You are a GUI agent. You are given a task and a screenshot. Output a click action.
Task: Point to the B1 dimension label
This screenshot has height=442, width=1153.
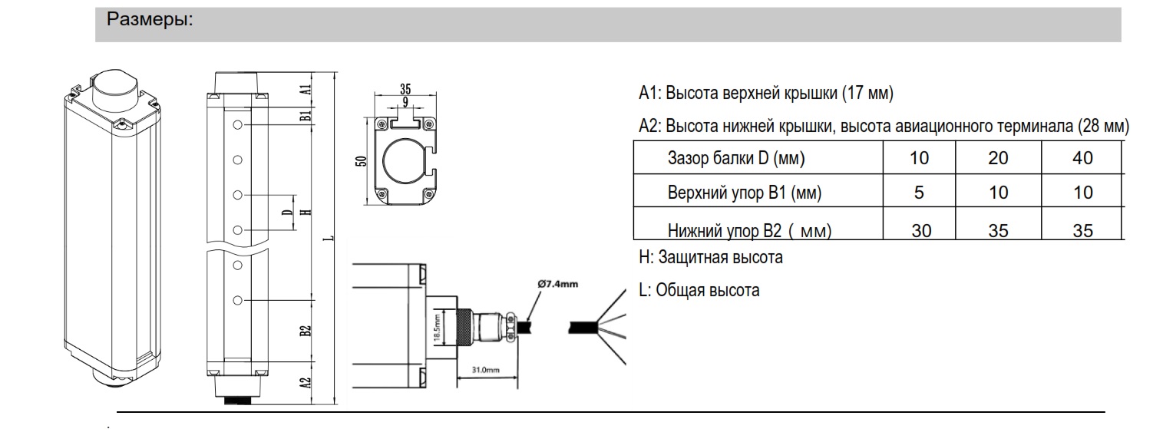305,116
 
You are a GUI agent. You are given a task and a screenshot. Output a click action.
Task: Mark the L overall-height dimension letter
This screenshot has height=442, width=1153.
329,238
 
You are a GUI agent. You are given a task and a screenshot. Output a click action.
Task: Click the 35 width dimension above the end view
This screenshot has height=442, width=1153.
405,88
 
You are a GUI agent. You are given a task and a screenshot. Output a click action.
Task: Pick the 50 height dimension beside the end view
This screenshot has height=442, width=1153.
360,160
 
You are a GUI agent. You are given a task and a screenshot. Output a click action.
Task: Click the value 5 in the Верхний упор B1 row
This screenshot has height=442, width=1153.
919,193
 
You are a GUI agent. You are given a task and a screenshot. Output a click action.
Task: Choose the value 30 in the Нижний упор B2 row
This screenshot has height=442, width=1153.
919,229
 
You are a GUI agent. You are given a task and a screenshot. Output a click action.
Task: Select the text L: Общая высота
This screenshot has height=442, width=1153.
699,291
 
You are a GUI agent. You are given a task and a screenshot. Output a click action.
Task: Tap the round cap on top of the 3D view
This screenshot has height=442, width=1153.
115,86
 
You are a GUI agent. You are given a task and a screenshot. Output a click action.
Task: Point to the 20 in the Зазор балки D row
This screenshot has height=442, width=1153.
998,159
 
